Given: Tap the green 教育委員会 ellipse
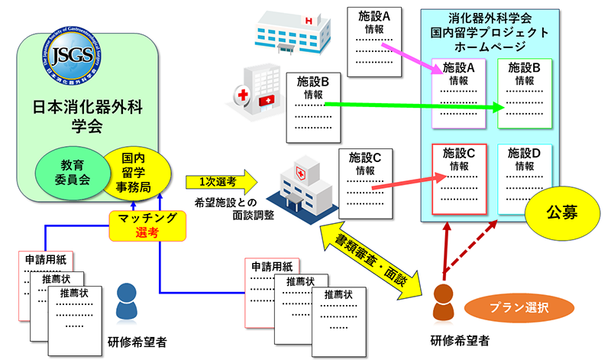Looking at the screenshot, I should point(76,170).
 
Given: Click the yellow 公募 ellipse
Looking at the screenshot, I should point(561,212).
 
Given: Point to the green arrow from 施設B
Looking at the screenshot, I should point(412,105).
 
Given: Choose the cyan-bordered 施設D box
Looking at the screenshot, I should point(525,177).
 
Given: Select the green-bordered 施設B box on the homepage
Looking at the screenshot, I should point(524,93).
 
